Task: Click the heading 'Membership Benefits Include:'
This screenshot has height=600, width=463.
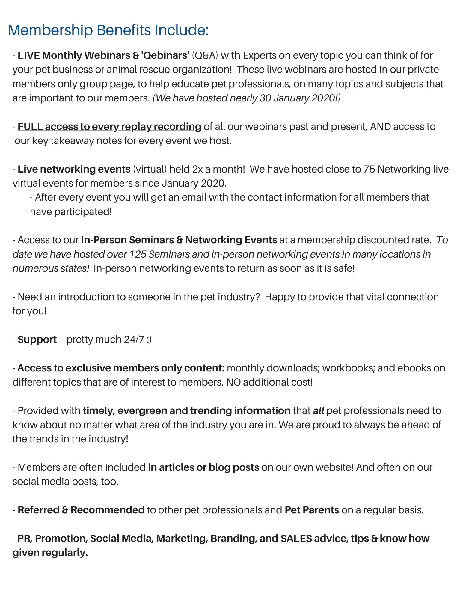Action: coord(108,30)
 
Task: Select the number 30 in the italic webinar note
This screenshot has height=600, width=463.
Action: coord(265,98)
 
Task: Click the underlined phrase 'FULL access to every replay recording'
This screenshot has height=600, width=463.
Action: coord(109,127)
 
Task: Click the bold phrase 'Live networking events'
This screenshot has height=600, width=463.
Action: coord(74,169)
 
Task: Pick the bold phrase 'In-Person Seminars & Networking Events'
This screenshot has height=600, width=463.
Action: coord(179,240)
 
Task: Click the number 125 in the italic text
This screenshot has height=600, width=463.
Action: coord(137,254)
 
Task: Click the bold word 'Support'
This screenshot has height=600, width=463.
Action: coord(37,340)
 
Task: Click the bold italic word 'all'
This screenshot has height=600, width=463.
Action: coord(318,411)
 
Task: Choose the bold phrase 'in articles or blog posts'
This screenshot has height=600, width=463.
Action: coord(203,467)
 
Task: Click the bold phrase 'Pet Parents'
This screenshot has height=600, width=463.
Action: coord(312,510)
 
